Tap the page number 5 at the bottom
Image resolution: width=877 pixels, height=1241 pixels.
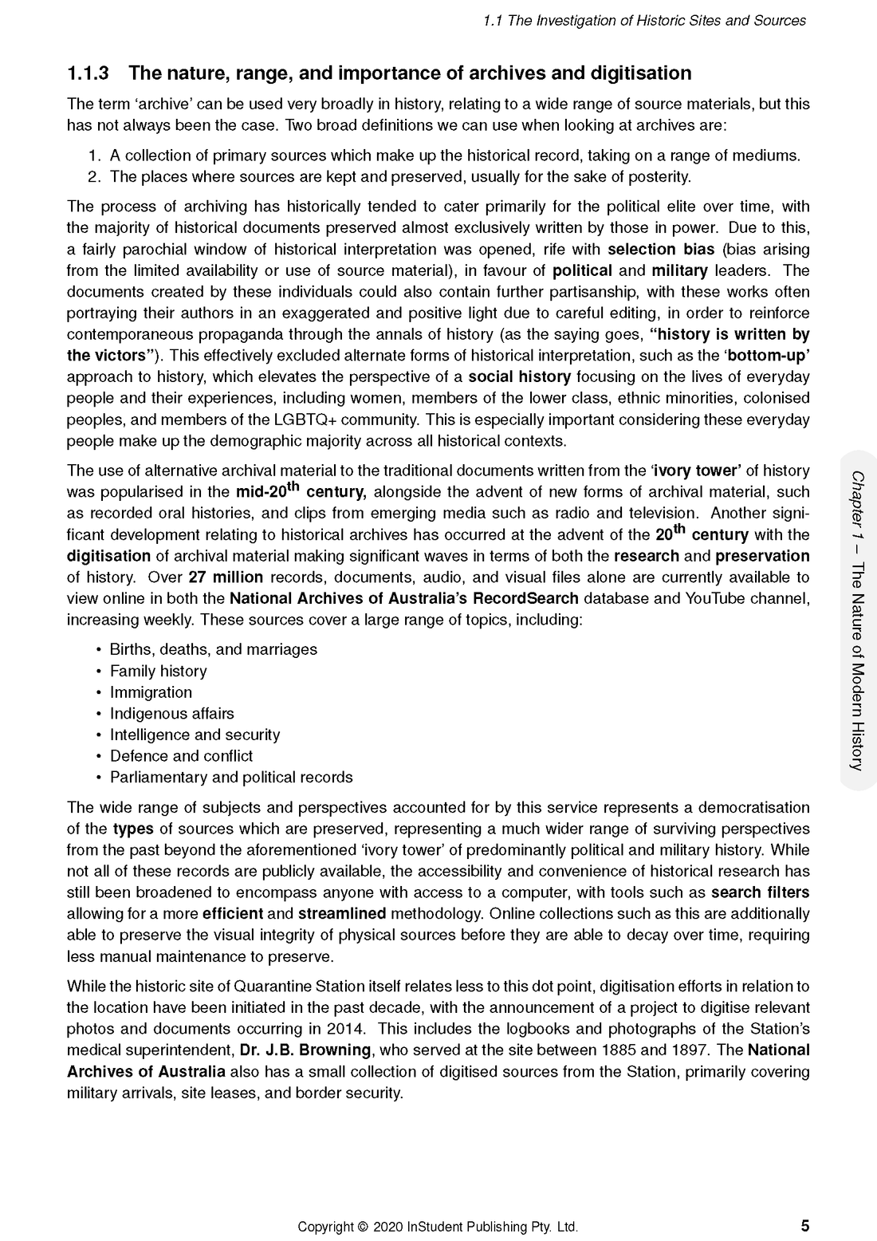804,1226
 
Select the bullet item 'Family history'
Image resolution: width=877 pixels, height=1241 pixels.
158,671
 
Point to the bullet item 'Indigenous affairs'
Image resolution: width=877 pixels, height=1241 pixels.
171,713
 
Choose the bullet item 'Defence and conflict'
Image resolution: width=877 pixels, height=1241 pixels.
181,755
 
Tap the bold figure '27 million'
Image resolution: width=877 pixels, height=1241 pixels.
226,577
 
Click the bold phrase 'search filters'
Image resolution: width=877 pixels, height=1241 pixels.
760,892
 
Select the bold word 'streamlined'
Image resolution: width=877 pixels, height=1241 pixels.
342,913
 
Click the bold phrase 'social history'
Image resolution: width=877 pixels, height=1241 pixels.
519,376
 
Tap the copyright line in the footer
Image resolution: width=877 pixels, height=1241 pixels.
438,1227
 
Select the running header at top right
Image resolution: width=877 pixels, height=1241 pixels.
644,21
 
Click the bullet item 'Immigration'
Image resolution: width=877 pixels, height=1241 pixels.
151,692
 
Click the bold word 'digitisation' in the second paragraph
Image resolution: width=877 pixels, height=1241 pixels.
108,556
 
